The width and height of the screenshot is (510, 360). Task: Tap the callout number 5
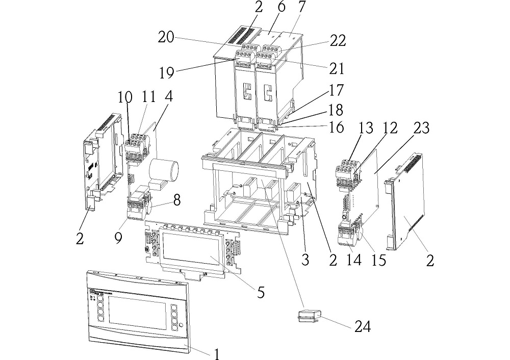pyautogui.click(x=261, y=292)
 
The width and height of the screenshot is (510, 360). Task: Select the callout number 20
pyautogui.click(x=167, y=38)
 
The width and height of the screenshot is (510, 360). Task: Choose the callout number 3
pyautogui.click(x=305, y=261)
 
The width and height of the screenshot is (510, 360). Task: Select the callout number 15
pyautogui.click(x=378, y=260)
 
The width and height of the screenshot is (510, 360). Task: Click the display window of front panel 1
pyautogui.click(x=135, y=312)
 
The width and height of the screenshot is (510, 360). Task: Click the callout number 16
pyautogui.click(x=337, y=126)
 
